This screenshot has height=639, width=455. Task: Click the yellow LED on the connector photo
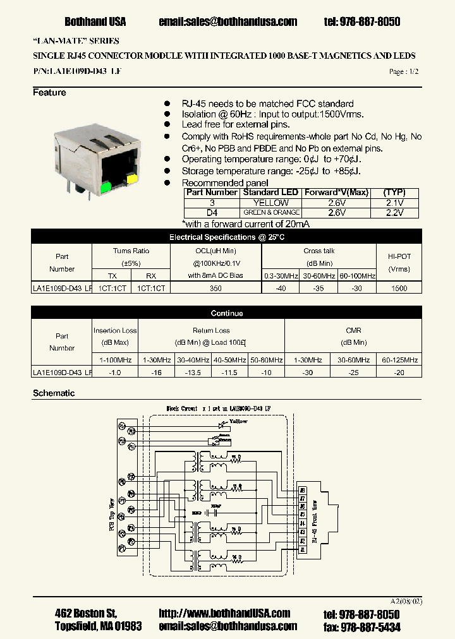click(131, 180)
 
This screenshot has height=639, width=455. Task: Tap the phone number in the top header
click(362, 21)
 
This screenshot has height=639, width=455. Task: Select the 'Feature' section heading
click(49, 93)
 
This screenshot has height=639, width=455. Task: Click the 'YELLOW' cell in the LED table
click(270, 203)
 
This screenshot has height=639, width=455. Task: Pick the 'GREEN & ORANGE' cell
click(270, 213)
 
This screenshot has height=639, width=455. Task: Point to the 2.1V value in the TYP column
click(394, 203)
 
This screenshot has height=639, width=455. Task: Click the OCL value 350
click(215, 287)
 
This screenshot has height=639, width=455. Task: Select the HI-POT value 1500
click(399, 287)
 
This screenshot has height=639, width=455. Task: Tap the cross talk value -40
click(281, 287)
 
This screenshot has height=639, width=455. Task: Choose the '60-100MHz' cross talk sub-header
click(357, 276)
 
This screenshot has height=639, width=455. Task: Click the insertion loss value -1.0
click(116, 373)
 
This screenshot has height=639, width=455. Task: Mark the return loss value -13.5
click(193, 373)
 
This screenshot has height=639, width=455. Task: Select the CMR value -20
click(399, 373)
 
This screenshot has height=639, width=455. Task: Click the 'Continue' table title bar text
click(227, 313)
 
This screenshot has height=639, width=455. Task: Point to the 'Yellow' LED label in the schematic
click(238, 421)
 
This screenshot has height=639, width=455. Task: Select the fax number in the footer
click(370, 626)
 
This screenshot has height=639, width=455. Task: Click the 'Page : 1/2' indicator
click(404, 72)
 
